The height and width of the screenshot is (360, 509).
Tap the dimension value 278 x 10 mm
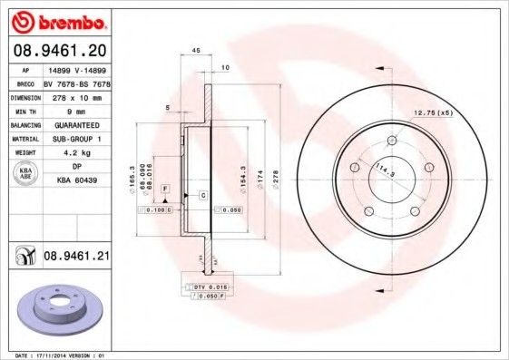[x=76, y=95]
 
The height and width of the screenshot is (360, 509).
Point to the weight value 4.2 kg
[x=75, y=153]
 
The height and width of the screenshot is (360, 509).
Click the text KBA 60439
[x=76, y=180]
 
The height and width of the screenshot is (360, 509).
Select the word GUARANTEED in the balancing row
[x=76, y=124]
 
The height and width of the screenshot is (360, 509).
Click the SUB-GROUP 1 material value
[x=76, y=139]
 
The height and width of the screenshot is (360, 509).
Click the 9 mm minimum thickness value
[x=76, y=110]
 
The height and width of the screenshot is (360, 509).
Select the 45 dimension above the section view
[x=196, y=52]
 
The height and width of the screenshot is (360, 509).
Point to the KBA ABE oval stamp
[x=24, y=174]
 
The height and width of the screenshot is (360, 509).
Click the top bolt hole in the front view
[x=392, y=141]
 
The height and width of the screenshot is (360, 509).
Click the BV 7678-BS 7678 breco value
[x=76, y=82]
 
